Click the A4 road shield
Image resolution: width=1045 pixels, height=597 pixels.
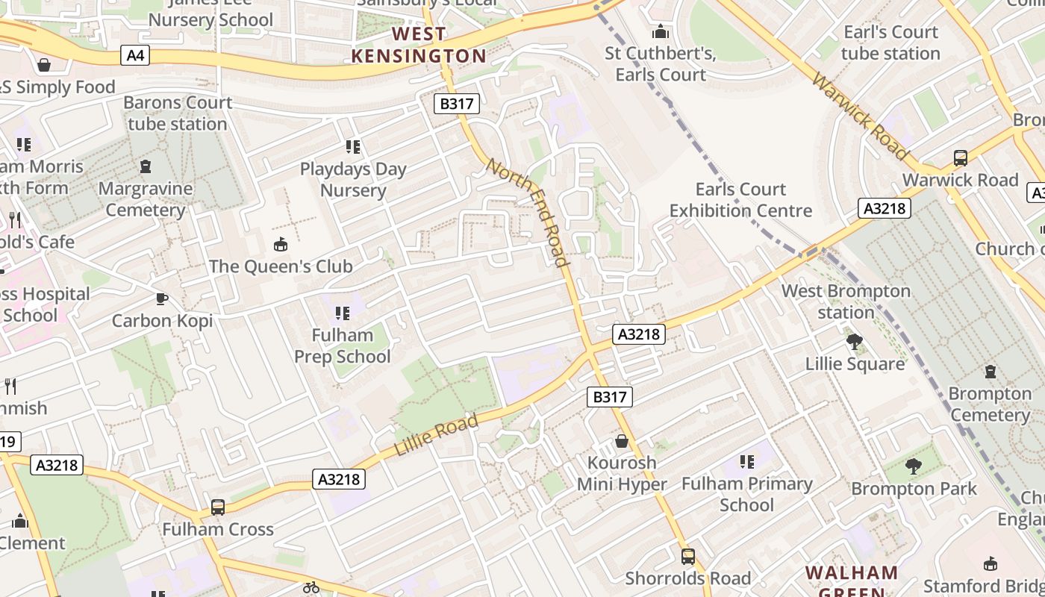point(135,54)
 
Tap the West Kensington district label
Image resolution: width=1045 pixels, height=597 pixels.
point(419,45)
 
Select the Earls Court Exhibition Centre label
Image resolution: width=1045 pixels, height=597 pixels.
point(740,200)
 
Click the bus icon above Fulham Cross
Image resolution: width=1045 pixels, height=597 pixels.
point(218,507)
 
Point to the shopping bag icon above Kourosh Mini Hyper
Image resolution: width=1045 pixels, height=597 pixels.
point(622,441)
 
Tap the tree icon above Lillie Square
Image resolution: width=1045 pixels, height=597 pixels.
point(855,342)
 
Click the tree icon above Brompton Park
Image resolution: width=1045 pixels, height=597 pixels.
point(913,467)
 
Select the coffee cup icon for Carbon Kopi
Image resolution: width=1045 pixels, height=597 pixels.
point(161,299)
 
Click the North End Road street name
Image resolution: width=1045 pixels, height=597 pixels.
point(528,211)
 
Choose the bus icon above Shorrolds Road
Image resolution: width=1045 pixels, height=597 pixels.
point(687,557)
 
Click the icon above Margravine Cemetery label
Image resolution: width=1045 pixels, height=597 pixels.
point(146,166)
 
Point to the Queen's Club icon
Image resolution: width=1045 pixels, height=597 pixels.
point(281,244)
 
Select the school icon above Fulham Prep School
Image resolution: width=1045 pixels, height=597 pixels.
point(342,313)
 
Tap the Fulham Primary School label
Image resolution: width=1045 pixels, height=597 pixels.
point(747,494)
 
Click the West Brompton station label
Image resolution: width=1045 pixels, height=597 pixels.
point(846,301)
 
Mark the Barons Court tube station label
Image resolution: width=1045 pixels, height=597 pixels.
point(178,113)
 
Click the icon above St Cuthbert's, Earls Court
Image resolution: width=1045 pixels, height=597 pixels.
point(661,32)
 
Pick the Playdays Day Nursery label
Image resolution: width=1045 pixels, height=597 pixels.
point(353,180)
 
